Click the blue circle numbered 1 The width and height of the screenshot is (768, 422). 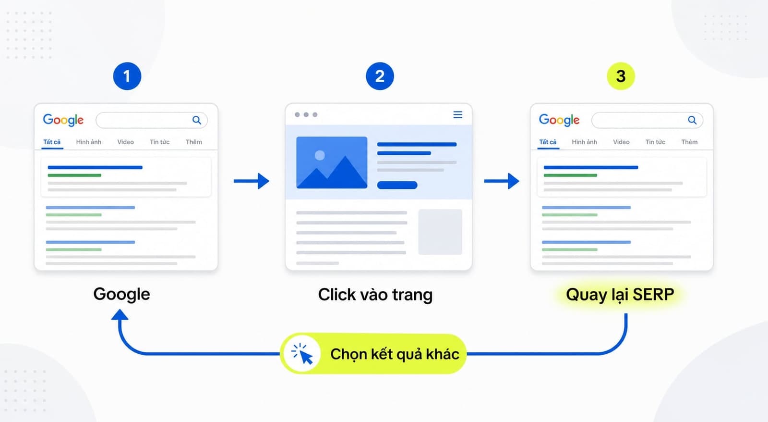(127, 76)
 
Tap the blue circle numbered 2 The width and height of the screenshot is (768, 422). (380, 76)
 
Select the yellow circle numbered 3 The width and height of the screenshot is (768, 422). (621, 76)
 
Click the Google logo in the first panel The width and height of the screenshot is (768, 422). (63, 120)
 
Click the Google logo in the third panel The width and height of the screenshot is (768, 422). (559, 120)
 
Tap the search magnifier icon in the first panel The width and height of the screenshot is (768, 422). (196, 120)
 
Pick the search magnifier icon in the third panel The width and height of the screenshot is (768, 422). (692, 120)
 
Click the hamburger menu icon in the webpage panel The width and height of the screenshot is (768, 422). (458, 115)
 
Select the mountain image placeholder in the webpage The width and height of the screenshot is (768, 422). (332, 162)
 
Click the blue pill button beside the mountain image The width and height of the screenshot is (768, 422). (397, 186)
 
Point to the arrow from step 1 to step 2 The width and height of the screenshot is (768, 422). (252, 181)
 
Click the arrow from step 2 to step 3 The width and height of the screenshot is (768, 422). (501, 181)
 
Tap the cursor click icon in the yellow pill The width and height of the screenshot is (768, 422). (302, 353)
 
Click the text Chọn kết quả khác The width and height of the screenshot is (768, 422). (395, 354)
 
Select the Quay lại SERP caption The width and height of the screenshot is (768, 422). (620, 295)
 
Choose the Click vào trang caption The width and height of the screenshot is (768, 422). (375, 295)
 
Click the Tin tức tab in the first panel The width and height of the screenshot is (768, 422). (159, 142)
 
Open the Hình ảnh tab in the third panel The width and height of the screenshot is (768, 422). (584, 142)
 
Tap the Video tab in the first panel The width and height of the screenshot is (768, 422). (125, 142)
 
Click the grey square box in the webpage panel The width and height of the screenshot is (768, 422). (440, 232)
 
